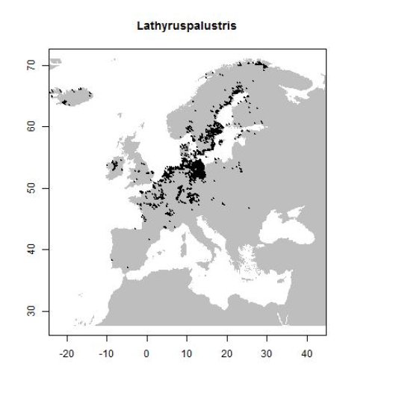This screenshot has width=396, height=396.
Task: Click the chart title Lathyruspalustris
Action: click(187, 26)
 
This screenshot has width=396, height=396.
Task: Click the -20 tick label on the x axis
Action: click(66, 351)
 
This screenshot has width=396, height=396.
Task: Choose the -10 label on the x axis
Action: click(106, 351)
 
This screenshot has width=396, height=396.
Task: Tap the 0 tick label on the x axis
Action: click(146, 351)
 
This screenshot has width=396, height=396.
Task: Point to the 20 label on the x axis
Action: click(226, 351)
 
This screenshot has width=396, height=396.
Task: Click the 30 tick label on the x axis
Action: click(267, 351)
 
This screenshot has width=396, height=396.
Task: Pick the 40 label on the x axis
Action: click(306, 351)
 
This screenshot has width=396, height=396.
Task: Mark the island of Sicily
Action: click(201, 266)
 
